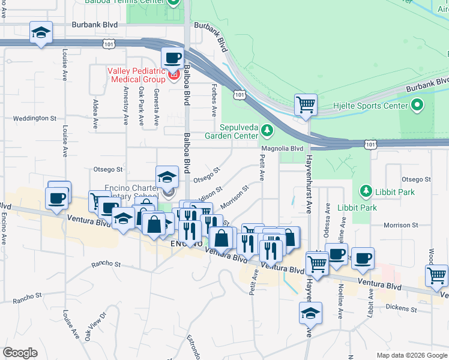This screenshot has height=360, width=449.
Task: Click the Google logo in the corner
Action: (20, 353)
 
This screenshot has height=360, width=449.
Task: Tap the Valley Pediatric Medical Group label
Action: (136, 75)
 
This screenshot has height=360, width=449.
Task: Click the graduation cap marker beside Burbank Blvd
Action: (41, 33)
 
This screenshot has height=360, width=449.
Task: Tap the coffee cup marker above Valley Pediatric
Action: (172, 58)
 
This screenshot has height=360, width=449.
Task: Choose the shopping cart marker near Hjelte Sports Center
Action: (306, 104)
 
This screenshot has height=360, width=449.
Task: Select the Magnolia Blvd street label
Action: (282, 148)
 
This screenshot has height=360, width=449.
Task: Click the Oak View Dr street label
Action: (95, 325)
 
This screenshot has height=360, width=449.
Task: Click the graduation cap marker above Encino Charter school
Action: (167, 177)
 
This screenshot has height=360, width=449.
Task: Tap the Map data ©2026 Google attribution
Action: (411, 355)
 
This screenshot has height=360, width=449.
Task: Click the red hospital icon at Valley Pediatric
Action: (174, 76)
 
